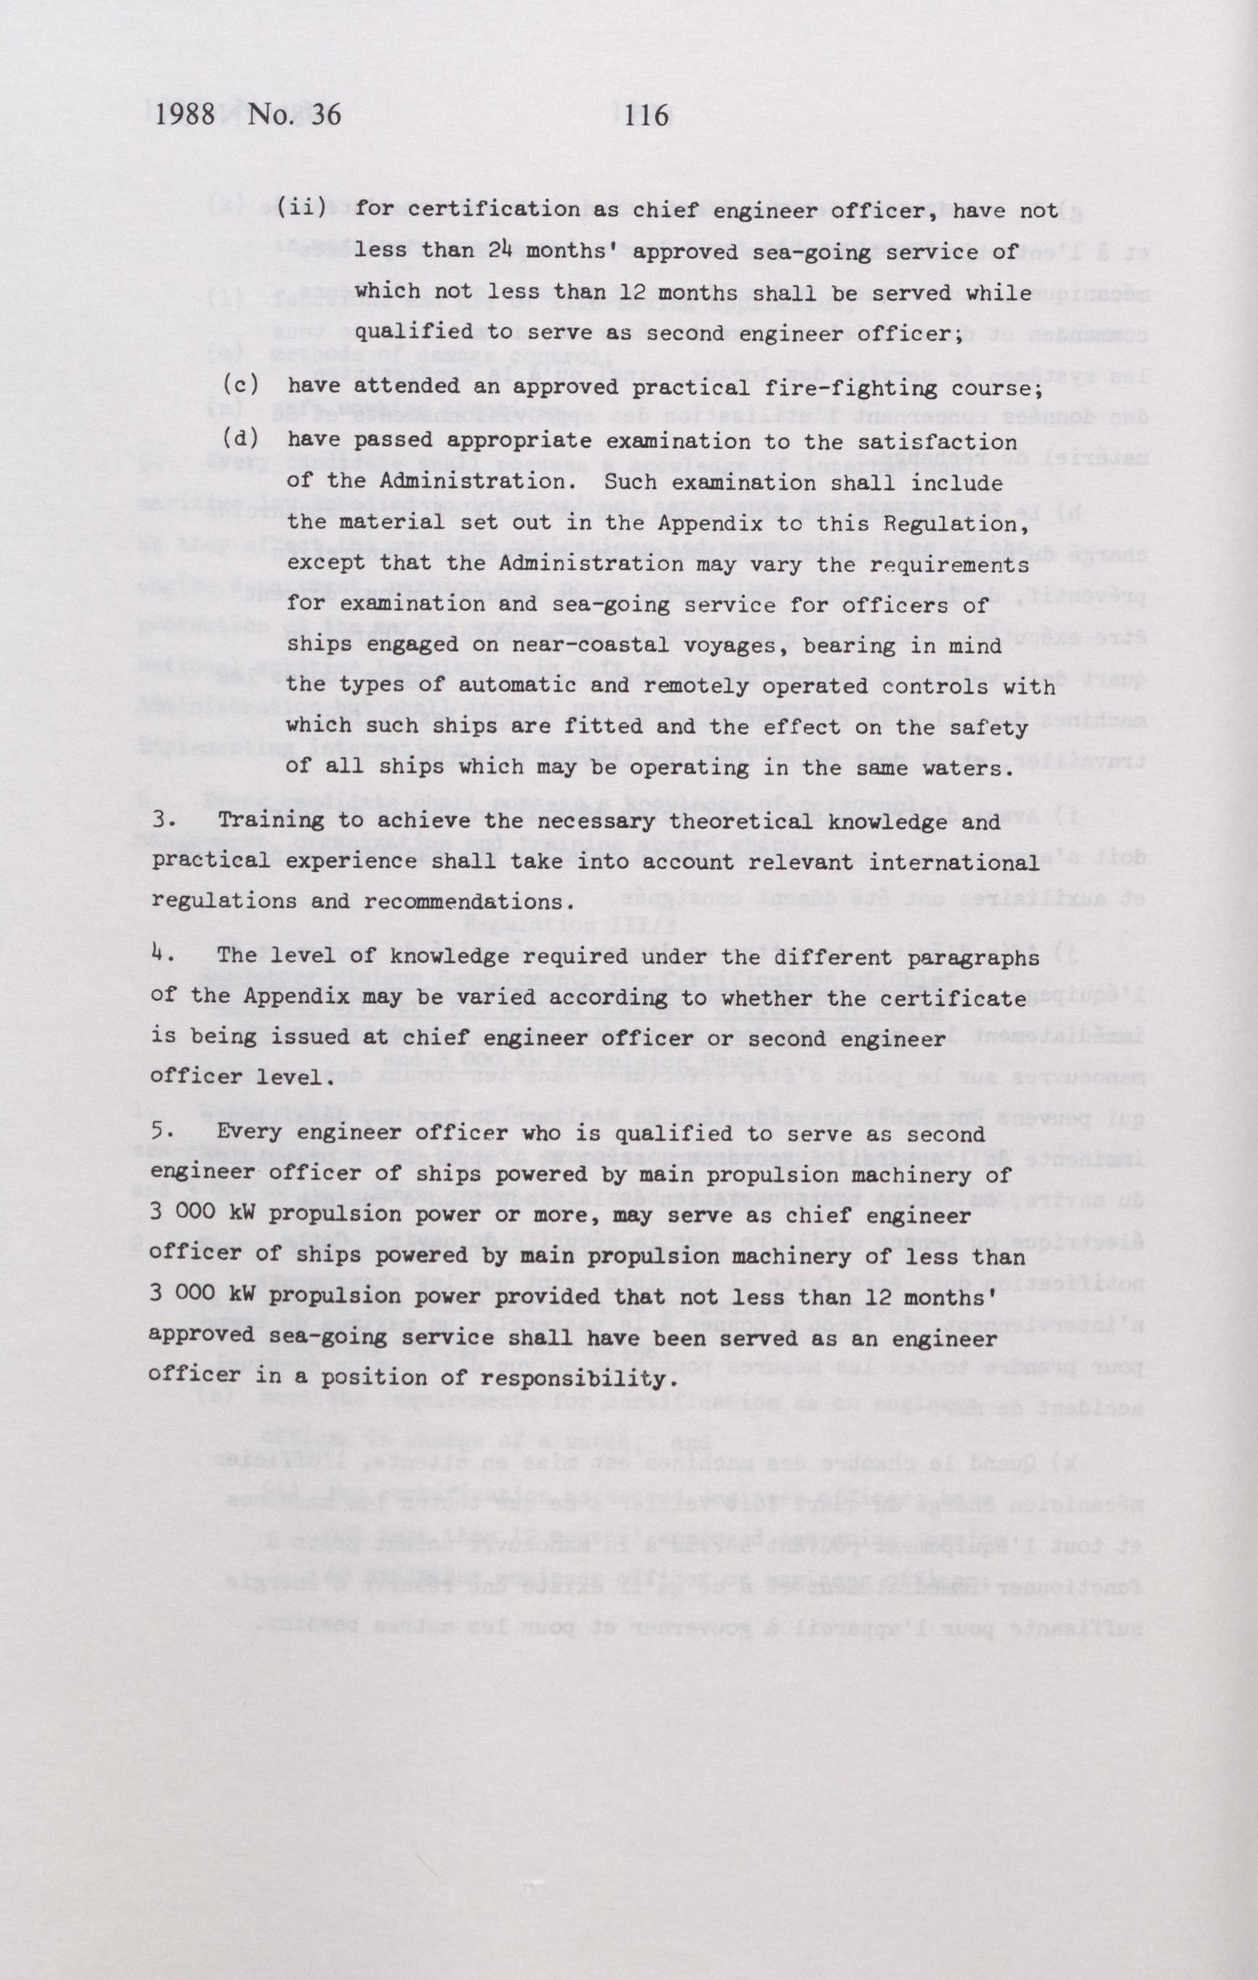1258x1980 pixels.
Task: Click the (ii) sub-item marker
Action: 301,209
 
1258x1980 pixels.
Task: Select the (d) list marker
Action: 241,439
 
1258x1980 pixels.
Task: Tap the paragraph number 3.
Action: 160,820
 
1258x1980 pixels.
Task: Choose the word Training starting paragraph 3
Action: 264,822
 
